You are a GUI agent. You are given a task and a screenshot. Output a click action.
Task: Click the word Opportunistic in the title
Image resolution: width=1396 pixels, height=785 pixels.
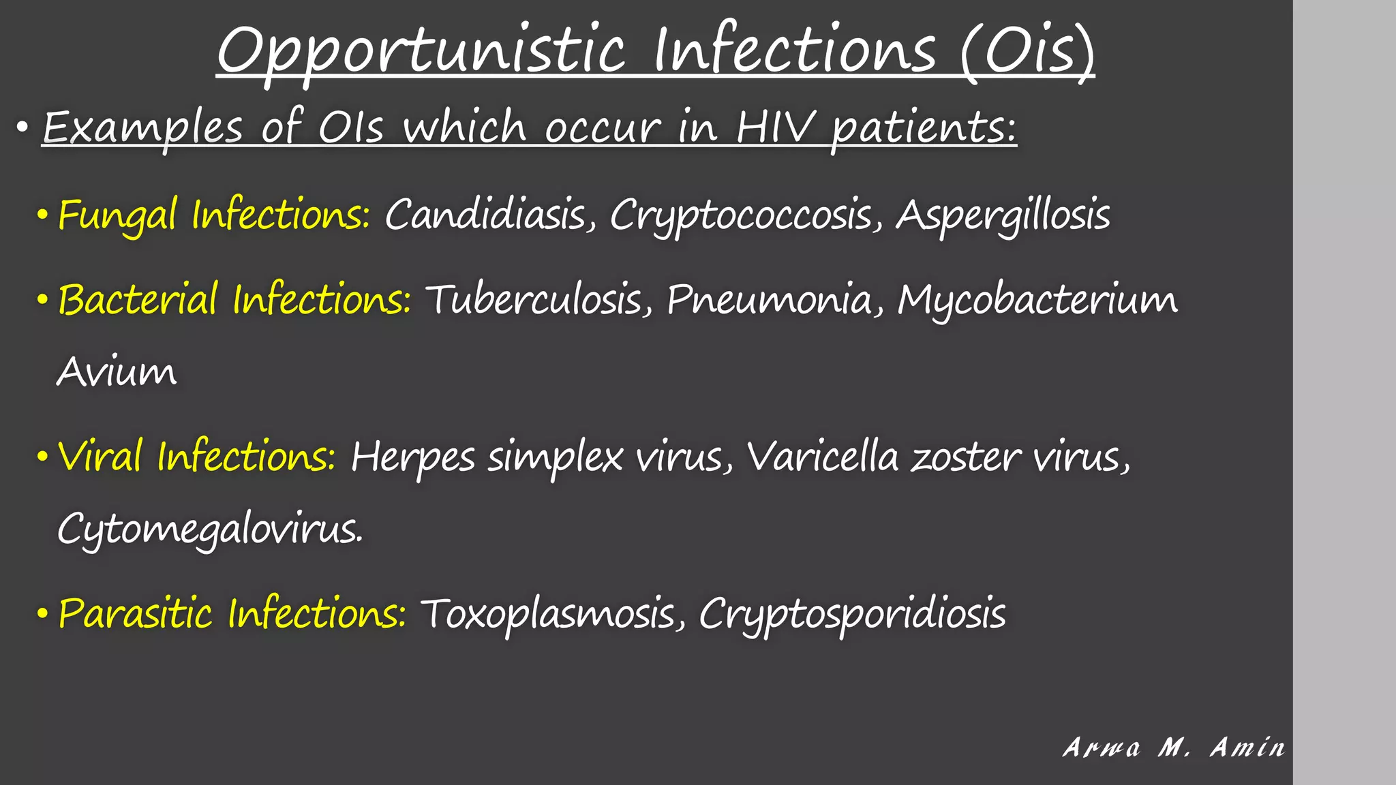point(421,52)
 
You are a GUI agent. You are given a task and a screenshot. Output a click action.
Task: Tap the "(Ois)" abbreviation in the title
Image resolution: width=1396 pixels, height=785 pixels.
point(1027,52)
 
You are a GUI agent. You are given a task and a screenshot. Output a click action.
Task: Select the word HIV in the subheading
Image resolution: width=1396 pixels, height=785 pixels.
point(774,127)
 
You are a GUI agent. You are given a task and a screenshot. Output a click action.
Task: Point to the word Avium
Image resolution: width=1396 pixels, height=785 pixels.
point(117,373)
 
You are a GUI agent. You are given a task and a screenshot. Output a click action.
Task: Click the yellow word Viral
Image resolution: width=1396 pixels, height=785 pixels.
point(100,457)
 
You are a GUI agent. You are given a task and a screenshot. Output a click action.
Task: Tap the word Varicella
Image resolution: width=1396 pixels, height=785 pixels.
point(823,457)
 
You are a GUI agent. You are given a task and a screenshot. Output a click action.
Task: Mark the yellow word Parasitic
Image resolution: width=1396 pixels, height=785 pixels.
point(135,613)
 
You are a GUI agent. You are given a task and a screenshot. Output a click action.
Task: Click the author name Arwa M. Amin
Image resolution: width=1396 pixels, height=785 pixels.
point(1174,748)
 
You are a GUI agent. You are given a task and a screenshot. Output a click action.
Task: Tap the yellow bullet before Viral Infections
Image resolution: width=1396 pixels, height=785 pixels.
point(42,457)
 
